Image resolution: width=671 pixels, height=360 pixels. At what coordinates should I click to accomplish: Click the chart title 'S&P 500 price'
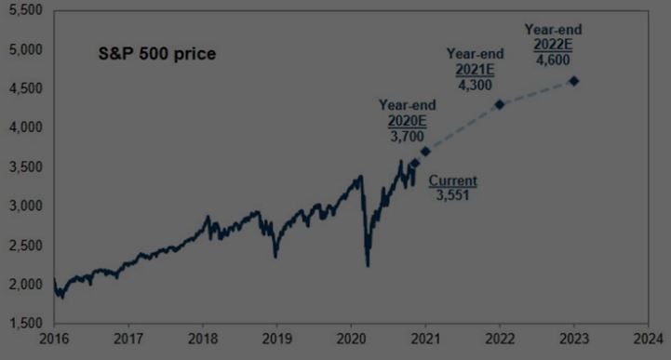coord(157,54)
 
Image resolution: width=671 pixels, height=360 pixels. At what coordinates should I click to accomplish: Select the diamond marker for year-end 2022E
coord(574,81)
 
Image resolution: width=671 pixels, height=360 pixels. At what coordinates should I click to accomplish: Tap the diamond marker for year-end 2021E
coord(500,104)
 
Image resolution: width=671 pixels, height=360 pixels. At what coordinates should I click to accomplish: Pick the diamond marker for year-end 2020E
coord(425,151)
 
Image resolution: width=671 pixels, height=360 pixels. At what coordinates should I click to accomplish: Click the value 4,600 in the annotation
coord(555,60)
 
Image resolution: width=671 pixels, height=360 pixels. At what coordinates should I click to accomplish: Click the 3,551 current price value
coord(453,194)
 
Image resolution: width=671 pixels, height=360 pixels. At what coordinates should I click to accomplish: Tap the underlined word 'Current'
coord(453,180)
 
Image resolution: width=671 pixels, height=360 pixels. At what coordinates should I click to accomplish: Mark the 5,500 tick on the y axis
coord(25,9)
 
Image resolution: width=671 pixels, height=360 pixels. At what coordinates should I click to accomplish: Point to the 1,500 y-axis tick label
coord(25,323)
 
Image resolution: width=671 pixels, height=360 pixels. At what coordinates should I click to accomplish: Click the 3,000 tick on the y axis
coord(25,206)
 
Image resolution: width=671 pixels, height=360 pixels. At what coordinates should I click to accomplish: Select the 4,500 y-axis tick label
coord(25,88)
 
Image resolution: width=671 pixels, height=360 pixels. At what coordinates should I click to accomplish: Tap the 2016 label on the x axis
coord(54,341)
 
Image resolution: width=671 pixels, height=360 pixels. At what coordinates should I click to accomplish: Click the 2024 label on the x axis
coord(649,341)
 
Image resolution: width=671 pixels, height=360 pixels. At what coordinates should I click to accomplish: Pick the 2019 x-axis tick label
coord(276,341)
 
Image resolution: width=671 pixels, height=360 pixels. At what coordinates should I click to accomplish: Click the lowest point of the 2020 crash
coord(369,266)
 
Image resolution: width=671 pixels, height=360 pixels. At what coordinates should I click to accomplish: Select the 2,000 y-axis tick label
coord(25,284)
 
